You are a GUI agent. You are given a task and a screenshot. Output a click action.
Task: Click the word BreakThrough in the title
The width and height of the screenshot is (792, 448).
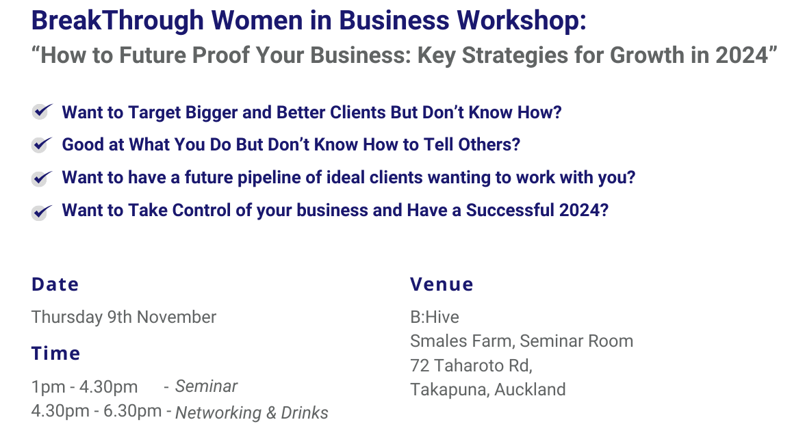(x=118, y=21)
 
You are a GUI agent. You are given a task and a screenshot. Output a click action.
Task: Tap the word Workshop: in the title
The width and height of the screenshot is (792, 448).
(x=522, y=21)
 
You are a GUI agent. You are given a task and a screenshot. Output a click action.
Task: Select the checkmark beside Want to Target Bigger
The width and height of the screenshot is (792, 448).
(x=42, y=111)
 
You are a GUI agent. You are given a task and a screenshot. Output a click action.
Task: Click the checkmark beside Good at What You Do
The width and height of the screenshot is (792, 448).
(x=42, y=144)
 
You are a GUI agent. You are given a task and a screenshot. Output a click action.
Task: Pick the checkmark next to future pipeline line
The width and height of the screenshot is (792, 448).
(x=42, y=177)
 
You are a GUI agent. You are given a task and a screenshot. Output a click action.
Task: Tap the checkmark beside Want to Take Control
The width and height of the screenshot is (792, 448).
(x=42, y=211)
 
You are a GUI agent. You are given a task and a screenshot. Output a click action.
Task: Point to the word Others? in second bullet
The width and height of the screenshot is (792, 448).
(x=489, y=145)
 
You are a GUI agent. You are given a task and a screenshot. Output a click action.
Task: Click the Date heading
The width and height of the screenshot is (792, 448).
(x=55, y=285)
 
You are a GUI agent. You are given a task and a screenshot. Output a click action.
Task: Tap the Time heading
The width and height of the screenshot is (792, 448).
(x=55, y=354)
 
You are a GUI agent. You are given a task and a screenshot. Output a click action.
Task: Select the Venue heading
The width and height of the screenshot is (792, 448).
(x=442, y=285)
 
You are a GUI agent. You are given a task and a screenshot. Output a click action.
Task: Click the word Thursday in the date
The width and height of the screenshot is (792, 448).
(x=67, y=317)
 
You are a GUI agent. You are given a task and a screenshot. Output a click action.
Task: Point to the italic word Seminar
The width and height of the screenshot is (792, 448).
(x=206, y=386)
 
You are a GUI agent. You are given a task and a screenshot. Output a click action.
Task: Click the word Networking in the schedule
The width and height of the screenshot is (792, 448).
(x=218, y=412)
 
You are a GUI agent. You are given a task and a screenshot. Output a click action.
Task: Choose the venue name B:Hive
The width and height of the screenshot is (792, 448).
(x=435, y=317)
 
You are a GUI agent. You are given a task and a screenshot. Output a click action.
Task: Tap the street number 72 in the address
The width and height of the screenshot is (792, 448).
(x=419, y=365)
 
